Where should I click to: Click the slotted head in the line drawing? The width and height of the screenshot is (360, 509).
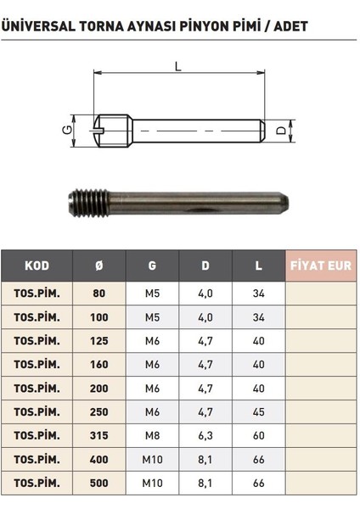tap(107, 132)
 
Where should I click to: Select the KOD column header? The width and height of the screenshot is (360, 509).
tap(37, 266)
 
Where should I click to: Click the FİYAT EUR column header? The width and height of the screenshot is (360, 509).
tap(321, 266)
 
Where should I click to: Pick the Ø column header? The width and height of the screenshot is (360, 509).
tap(98, 266)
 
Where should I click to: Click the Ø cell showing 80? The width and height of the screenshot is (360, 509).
tap(98, 294)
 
